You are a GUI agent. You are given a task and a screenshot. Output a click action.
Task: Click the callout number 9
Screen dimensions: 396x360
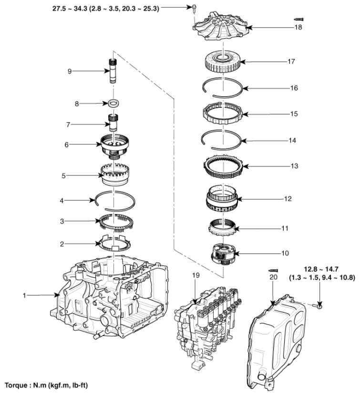(x=69, y=71)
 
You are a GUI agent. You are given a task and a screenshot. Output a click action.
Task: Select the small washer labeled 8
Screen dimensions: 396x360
(x=114, y=102)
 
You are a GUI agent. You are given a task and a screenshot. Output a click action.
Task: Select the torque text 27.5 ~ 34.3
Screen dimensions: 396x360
(x=81, y=8)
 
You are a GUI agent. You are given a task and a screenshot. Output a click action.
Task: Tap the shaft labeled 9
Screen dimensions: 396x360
(x=114, y=71)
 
